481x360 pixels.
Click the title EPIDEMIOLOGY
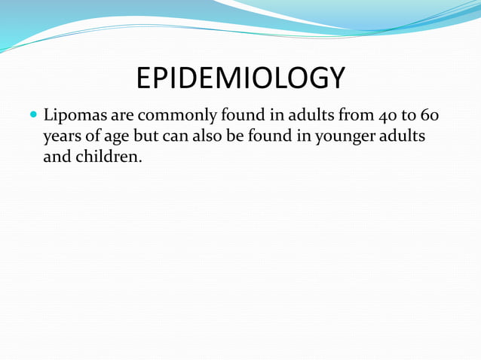coord(240,78)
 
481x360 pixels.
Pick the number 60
coord(426,117)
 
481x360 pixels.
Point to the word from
coord(345,117)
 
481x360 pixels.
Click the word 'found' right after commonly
coord(240,117)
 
